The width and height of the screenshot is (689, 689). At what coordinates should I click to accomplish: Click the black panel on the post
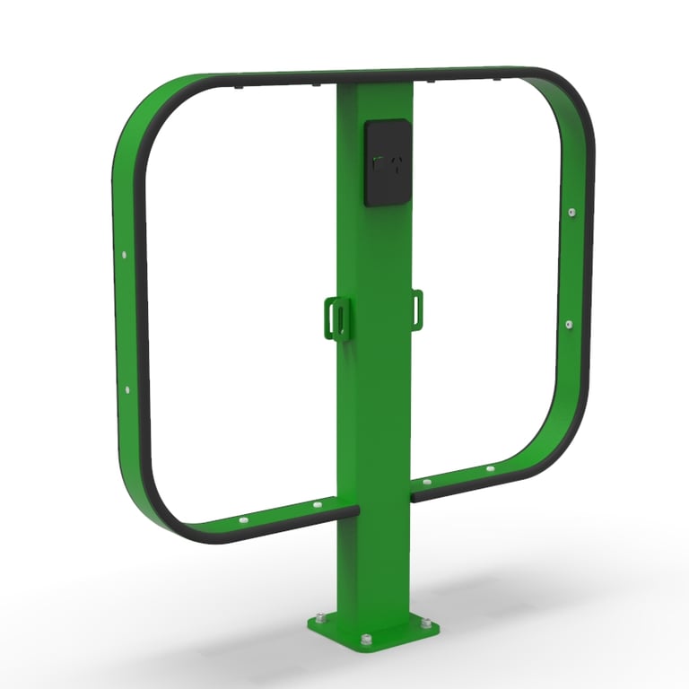click(388, 163)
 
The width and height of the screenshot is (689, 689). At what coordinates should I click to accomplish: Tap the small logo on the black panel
click(388, 163)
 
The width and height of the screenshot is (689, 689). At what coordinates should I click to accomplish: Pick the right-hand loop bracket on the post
click(417, 308)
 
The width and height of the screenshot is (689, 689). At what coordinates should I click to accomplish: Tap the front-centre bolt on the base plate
click(366, 640)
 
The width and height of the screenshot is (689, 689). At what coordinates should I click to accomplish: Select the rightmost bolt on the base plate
click(425, 623)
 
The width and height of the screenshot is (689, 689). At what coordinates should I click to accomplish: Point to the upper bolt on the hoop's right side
click(571, 213)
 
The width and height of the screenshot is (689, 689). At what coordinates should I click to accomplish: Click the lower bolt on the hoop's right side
click(569, 323)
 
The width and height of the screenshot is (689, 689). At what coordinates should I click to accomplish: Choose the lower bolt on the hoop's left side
click(126, 390)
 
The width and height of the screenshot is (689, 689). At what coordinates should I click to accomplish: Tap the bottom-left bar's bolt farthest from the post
click(243, 520)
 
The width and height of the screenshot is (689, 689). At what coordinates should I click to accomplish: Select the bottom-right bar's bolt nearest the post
click(426, 482)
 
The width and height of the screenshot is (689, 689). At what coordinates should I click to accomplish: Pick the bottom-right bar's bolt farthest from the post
click(490, 468)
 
